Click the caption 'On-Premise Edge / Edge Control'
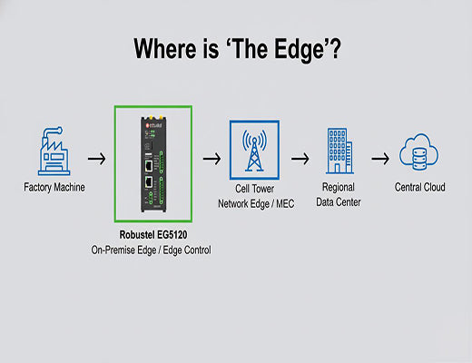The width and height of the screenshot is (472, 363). point(152,250)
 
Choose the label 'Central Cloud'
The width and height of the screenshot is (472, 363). point(420,189)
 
